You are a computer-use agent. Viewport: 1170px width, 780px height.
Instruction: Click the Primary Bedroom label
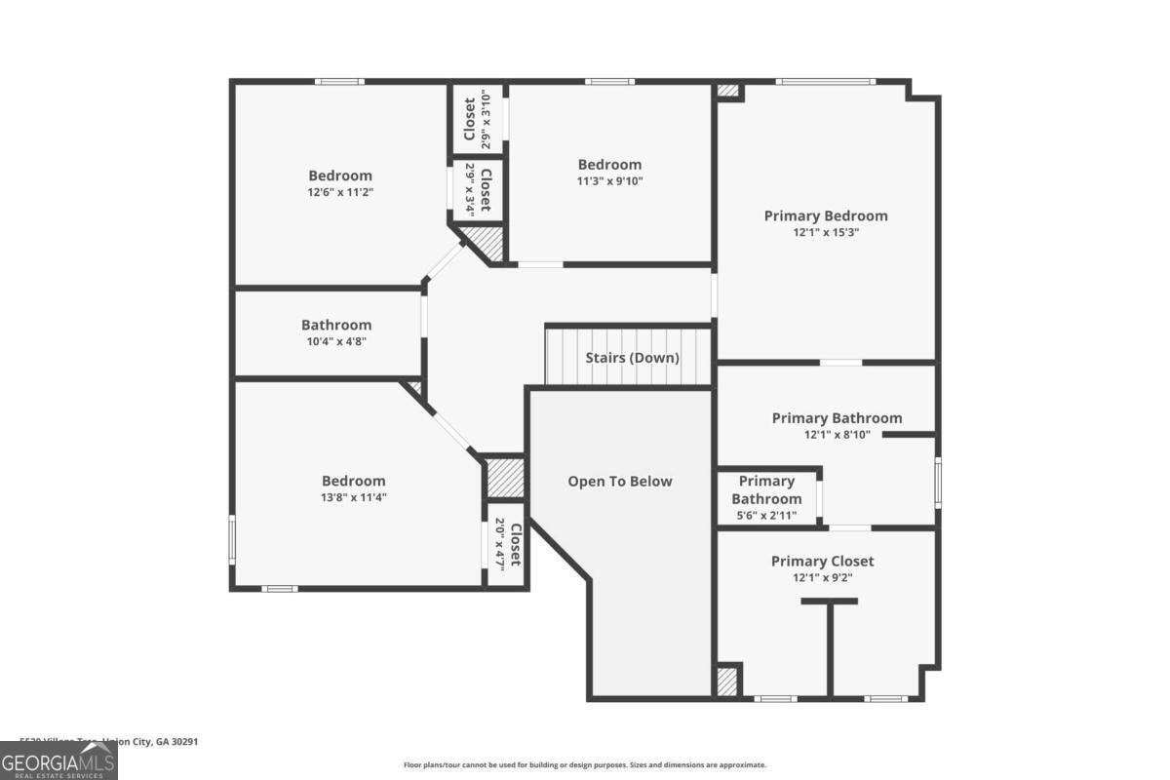826,215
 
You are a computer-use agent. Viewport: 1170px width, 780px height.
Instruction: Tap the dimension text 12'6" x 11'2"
340,192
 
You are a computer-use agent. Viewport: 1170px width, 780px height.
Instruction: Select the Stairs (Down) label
632,357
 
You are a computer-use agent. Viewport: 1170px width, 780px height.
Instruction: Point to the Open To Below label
620,481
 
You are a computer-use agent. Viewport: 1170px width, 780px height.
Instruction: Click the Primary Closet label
822,561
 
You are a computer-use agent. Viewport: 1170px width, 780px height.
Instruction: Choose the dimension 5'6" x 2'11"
767,516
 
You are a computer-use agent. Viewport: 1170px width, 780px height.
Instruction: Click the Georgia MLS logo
58,760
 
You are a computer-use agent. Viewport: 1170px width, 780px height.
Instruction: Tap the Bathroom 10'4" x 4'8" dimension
335,341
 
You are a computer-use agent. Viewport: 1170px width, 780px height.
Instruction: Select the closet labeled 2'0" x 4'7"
508,546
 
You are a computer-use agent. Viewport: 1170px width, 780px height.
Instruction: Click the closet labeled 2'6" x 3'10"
478,118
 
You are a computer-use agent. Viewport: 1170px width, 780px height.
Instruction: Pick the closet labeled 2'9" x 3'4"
478,188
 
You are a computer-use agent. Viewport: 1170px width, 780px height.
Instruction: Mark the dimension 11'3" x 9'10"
609,180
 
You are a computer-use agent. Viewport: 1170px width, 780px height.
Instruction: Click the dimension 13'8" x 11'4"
353,497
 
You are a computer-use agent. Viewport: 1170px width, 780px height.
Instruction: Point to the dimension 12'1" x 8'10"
837,435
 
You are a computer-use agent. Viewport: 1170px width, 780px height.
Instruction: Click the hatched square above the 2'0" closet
505,478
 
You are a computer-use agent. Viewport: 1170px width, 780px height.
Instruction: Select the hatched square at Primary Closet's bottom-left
727,682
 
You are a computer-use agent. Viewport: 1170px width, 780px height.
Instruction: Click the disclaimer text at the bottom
585,765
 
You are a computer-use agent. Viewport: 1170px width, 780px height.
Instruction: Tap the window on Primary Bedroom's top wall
826,81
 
